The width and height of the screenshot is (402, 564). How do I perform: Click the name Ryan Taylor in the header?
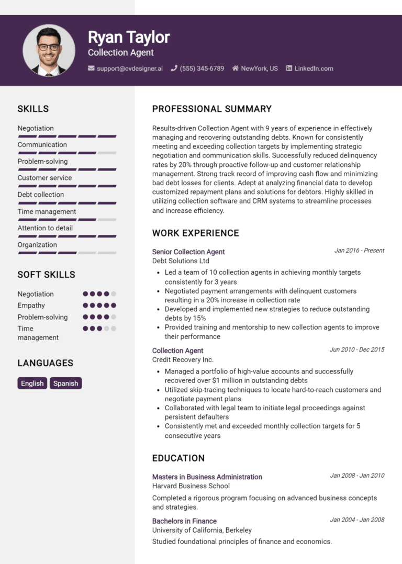(129, 37)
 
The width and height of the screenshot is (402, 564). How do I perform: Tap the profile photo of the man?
(49, 50)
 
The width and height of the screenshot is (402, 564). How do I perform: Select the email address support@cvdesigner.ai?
(129, 69)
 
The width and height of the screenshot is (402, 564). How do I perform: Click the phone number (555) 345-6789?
(202, 69)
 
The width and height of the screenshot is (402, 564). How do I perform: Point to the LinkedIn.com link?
(314, 69)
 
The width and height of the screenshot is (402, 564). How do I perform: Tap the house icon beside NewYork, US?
(236, 69)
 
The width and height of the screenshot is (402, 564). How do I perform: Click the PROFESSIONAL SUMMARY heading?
(211, 109)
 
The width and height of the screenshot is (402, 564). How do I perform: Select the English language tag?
(32, 383)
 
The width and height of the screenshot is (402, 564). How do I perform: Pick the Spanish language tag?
(66, 383)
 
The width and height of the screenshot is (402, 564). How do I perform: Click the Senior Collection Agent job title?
(188, 252)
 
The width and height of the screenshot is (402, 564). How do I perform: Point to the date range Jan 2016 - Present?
(359, 251)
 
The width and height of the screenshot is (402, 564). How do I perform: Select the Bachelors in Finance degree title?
(184, 521)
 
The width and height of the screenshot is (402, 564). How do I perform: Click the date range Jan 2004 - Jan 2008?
(357, 520)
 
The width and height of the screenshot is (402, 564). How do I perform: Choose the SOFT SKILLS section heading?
(46, 275)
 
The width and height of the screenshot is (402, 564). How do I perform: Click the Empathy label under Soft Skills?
(31, 306)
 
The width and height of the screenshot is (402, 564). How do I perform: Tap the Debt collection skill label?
(41, 195)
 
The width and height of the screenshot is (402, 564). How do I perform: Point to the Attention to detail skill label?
(45, 228)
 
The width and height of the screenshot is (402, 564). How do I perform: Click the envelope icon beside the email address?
(91, 69)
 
